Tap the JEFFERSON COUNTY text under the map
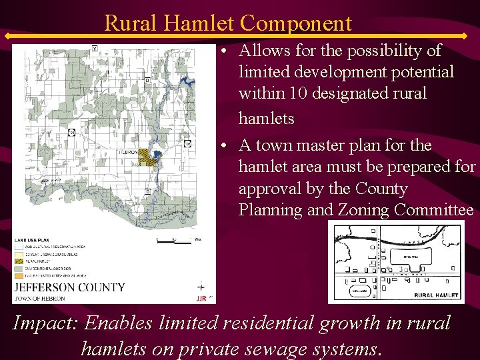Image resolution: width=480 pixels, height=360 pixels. tap(69, 287)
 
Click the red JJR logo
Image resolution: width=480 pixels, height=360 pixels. tap(201, 298)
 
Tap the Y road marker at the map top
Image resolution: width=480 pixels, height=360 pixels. tap(95, 49)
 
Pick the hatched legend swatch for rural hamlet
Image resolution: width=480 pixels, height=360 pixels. tap(19, 260)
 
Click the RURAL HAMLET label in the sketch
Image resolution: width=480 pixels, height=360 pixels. tap(437, 294)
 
